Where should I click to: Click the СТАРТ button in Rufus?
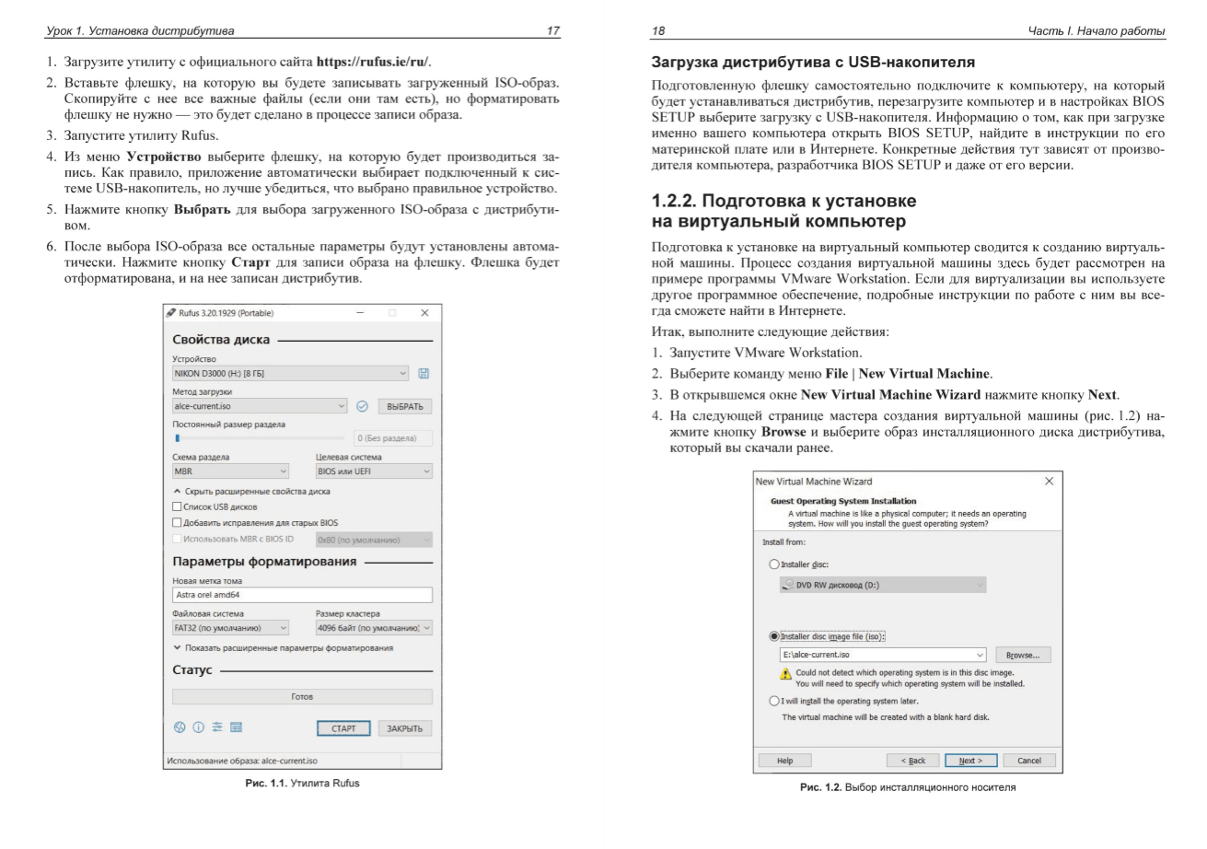click(343, 728)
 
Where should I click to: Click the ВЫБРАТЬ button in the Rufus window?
click(404, 406)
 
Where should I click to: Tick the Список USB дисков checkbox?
click(178, 506)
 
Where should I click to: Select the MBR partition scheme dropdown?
click(230, 471)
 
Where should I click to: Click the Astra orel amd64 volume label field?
click(302, 595)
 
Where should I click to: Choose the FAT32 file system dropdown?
click(230, 628)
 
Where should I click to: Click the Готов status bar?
click(302, 697)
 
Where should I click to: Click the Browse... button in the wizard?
click(1022, 655)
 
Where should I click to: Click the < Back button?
click(912, 761)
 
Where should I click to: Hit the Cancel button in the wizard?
click(1028, 761)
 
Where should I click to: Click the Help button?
click(784, 761)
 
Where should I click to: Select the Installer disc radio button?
click(774, 564)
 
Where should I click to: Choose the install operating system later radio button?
click(774, 701)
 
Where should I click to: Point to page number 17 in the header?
click(552, 31)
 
